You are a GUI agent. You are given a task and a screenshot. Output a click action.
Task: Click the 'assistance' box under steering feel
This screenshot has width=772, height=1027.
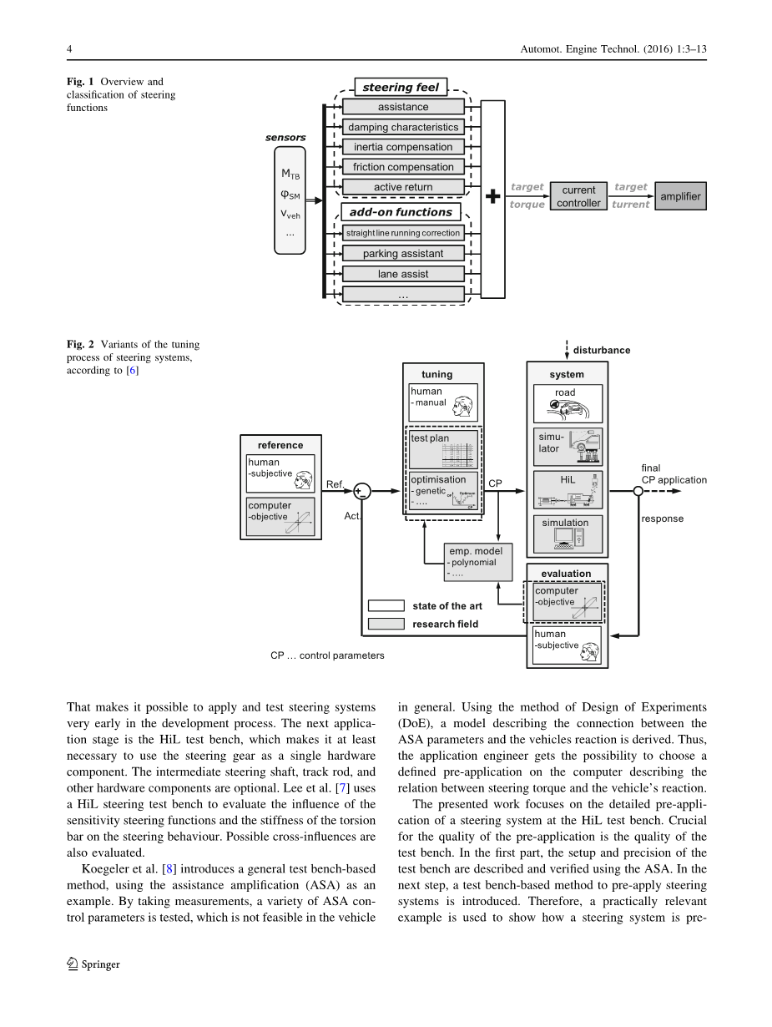click(x=403, y=107)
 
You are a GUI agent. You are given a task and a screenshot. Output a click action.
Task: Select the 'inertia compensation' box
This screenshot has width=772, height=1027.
click(x=403, y=147)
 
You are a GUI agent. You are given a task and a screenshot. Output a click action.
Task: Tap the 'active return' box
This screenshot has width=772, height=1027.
click(x=403, y=187)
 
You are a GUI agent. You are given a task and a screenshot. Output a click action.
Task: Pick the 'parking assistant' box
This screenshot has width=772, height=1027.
click(x=403, y=254)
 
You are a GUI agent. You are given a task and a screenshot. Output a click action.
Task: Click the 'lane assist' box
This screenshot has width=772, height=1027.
click(x=403, y=274)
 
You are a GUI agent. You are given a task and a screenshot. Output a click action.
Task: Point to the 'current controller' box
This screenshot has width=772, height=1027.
click(x=578, y=197)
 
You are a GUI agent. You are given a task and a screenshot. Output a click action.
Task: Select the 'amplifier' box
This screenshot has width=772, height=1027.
click(x=680, y=197)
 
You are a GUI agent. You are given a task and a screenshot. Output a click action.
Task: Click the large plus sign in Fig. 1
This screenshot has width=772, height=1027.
click(x=493, y=197)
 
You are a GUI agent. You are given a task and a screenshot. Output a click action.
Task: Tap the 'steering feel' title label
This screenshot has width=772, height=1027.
click(x=401, y=87)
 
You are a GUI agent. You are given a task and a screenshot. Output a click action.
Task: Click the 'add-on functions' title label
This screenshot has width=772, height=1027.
click(x=401, y=212)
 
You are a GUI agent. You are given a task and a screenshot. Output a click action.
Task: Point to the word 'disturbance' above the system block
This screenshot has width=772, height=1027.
click(x=601, y=351)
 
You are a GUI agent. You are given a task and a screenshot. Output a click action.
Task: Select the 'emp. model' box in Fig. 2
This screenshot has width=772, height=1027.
click(x=479, y=562)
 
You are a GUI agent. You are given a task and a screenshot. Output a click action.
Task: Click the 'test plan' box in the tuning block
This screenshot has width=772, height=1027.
click(x=443, y=448)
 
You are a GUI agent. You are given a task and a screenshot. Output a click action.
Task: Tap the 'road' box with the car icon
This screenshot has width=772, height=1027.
click(x=568, y=402)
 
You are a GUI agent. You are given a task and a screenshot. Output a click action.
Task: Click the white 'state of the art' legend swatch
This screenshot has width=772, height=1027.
click(x=386, y=606)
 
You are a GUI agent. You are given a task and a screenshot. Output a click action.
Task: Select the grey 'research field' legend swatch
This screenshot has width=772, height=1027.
click(x=386, y=624)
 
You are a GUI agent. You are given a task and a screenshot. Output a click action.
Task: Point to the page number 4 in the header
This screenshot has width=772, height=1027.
click(x=69, y=50)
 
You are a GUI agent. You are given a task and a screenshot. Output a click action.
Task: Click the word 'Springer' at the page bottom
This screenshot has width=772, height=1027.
click(x=100, y=964)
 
